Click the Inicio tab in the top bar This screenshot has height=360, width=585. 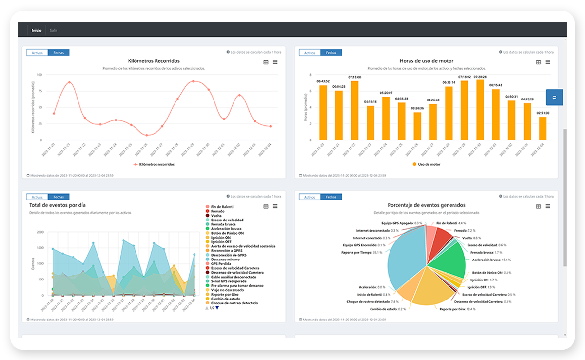coord(37,30)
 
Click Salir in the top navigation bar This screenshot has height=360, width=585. coord(53,30)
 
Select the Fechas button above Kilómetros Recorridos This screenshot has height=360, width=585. coord(58,53)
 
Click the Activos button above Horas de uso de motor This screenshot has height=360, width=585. coord(310,53)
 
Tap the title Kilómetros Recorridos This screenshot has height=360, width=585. coord(154,61)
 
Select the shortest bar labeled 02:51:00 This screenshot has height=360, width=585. coord(543,128)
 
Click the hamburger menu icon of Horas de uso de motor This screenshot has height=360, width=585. coord(547,62)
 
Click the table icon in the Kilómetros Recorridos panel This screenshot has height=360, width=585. coord(266,62)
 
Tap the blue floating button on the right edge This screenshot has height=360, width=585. coord(554,98)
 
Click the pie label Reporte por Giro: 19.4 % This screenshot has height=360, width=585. coord(457,309)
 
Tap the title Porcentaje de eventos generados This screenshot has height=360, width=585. coord(426,205)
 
